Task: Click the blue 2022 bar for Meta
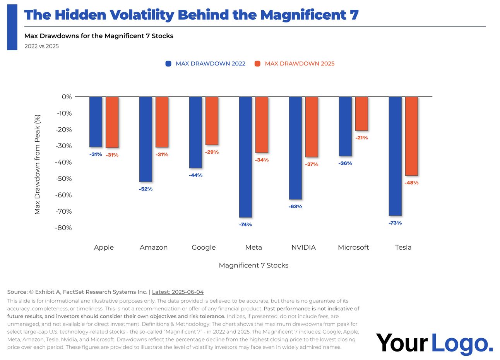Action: click(x=245, y=157)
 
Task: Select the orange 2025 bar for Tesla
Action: click(x=411, y=136)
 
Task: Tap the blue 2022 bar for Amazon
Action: click(x=146, y=139)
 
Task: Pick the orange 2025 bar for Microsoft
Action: click(x=361, y=113)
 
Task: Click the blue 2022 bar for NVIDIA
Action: click(x=295, y=148)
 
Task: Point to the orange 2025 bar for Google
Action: click(x=212, y=120)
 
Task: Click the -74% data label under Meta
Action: click(x=245, y=225)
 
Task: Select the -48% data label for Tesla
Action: click(x=411, y=183)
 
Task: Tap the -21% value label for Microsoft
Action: click(x=361, y=138)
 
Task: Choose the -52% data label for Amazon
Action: click(x=146, y=189)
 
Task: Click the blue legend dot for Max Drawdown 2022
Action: click(x=168, y=63)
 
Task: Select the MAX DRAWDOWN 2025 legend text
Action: click(x=300, y=63)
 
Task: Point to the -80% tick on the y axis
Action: click(x=63, y=228)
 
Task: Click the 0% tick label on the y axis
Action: click(x=67, y=97)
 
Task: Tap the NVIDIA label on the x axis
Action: click(x=303, y=247)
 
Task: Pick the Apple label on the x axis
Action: click(x=104, y=247)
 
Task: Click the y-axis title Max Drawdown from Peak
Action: click(x=37, y=164)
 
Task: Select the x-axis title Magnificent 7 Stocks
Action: click(x=253, y=265)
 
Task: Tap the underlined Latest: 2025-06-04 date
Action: click(x=178, y=292)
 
